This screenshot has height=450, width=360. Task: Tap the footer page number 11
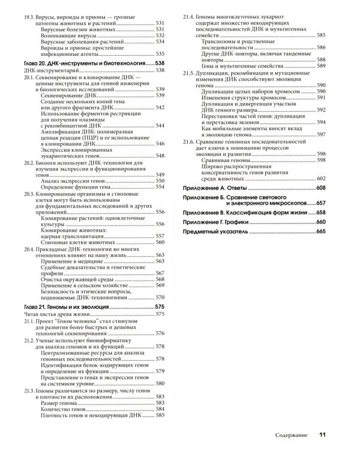pos(322,434)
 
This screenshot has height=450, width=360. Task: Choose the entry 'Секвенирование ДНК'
pos(67,95)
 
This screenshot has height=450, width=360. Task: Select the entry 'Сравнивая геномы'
pos(223,160)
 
